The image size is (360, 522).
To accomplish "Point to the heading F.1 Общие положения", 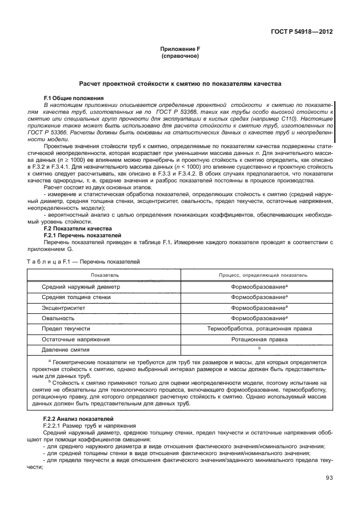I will pos(73,99).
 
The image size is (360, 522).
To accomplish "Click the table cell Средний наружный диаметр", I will pos(81,286).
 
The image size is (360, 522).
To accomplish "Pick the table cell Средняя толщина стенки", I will pos(77,297).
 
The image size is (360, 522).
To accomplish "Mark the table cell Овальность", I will pos(58,318).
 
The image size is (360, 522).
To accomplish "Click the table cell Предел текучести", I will pos(66,329).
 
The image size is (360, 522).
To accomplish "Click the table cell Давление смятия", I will pos(66,349).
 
